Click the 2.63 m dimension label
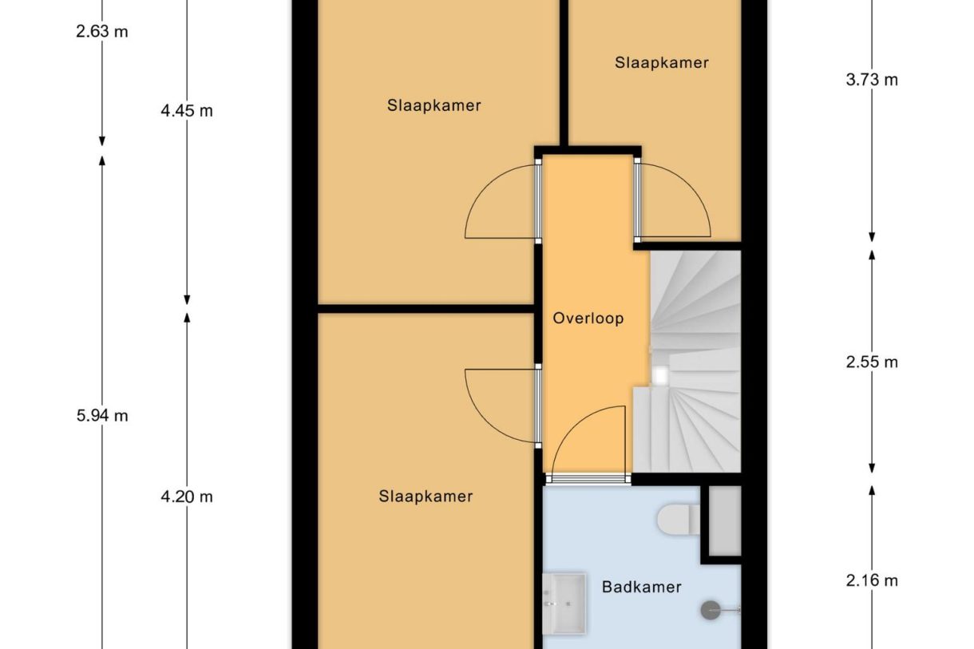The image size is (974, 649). coord(101,32)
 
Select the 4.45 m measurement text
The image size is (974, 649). coord(187,111)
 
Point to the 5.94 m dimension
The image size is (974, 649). coord(101,415)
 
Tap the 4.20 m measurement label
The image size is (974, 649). coord(187,497)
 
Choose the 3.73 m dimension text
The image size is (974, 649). coord(872,80)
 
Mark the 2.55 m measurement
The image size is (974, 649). coord(872,362)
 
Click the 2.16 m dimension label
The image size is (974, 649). coord(872,580)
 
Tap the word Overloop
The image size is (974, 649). coord(588,319)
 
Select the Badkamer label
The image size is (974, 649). coord(641,587)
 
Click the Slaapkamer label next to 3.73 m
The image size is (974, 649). coord(662,62)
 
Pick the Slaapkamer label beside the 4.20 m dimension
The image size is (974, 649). coord(426,497)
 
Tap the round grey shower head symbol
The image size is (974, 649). coord(711,610)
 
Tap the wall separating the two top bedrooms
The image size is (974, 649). coord(563,72)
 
